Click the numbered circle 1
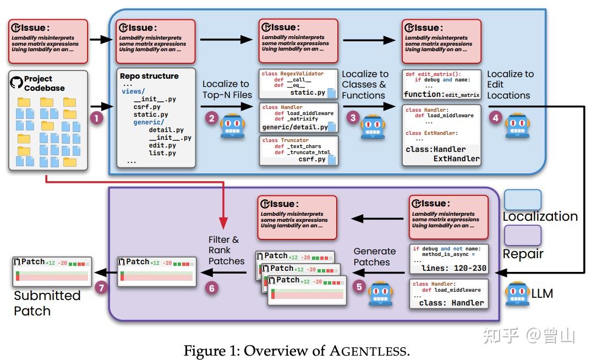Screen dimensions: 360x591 [97, 118]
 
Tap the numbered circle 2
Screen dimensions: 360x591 [211, 117]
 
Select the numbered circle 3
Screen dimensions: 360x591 [352, 117]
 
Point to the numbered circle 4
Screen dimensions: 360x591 [496, 117]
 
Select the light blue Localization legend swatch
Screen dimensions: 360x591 [522, 200]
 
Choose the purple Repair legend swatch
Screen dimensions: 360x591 [522, 235]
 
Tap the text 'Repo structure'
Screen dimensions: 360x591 [149, 76]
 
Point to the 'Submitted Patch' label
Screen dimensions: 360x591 [47, 303]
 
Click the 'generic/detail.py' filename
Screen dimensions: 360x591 [295, 127]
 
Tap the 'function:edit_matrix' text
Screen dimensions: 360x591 [442, 95]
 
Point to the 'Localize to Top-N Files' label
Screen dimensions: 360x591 [226, 89]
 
